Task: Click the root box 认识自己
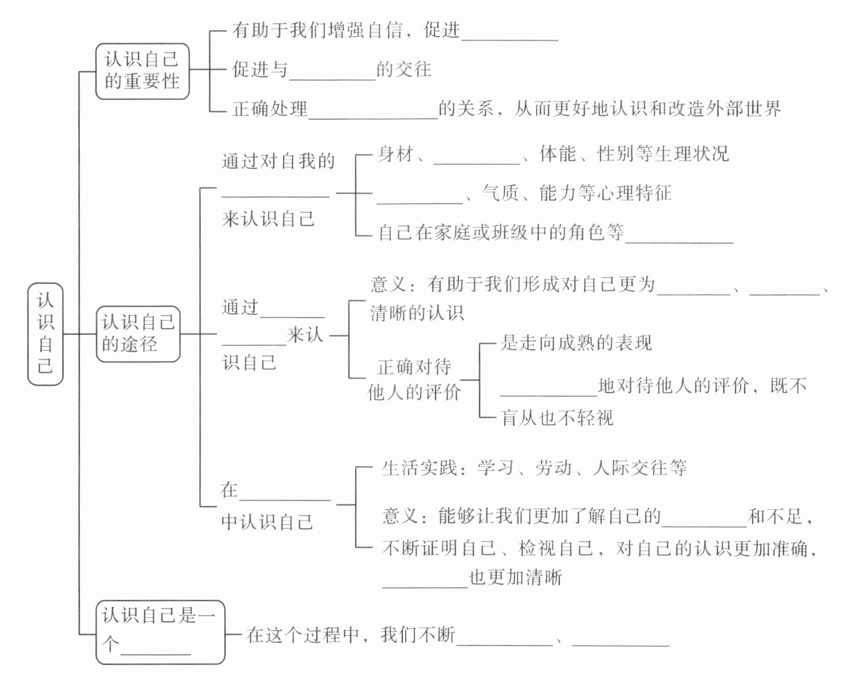45,334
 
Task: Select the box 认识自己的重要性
142,71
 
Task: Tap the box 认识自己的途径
138,334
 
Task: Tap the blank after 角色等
679,235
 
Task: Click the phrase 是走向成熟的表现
576,343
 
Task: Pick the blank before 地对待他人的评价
549,388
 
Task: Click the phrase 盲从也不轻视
557,418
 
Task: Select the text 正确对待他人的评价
414,380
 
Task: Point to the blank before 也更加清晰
425,581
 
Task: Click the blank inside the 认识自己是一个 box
155,646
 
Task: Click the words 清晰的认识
417,313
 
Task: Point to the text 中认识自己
267,522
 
